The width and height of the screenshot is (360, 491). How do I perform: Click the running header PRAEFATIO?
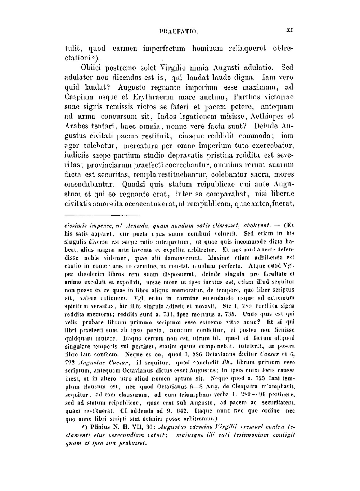coord(179,31)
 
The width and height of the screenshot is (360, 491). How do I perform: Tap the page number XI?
coord(289,31)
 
